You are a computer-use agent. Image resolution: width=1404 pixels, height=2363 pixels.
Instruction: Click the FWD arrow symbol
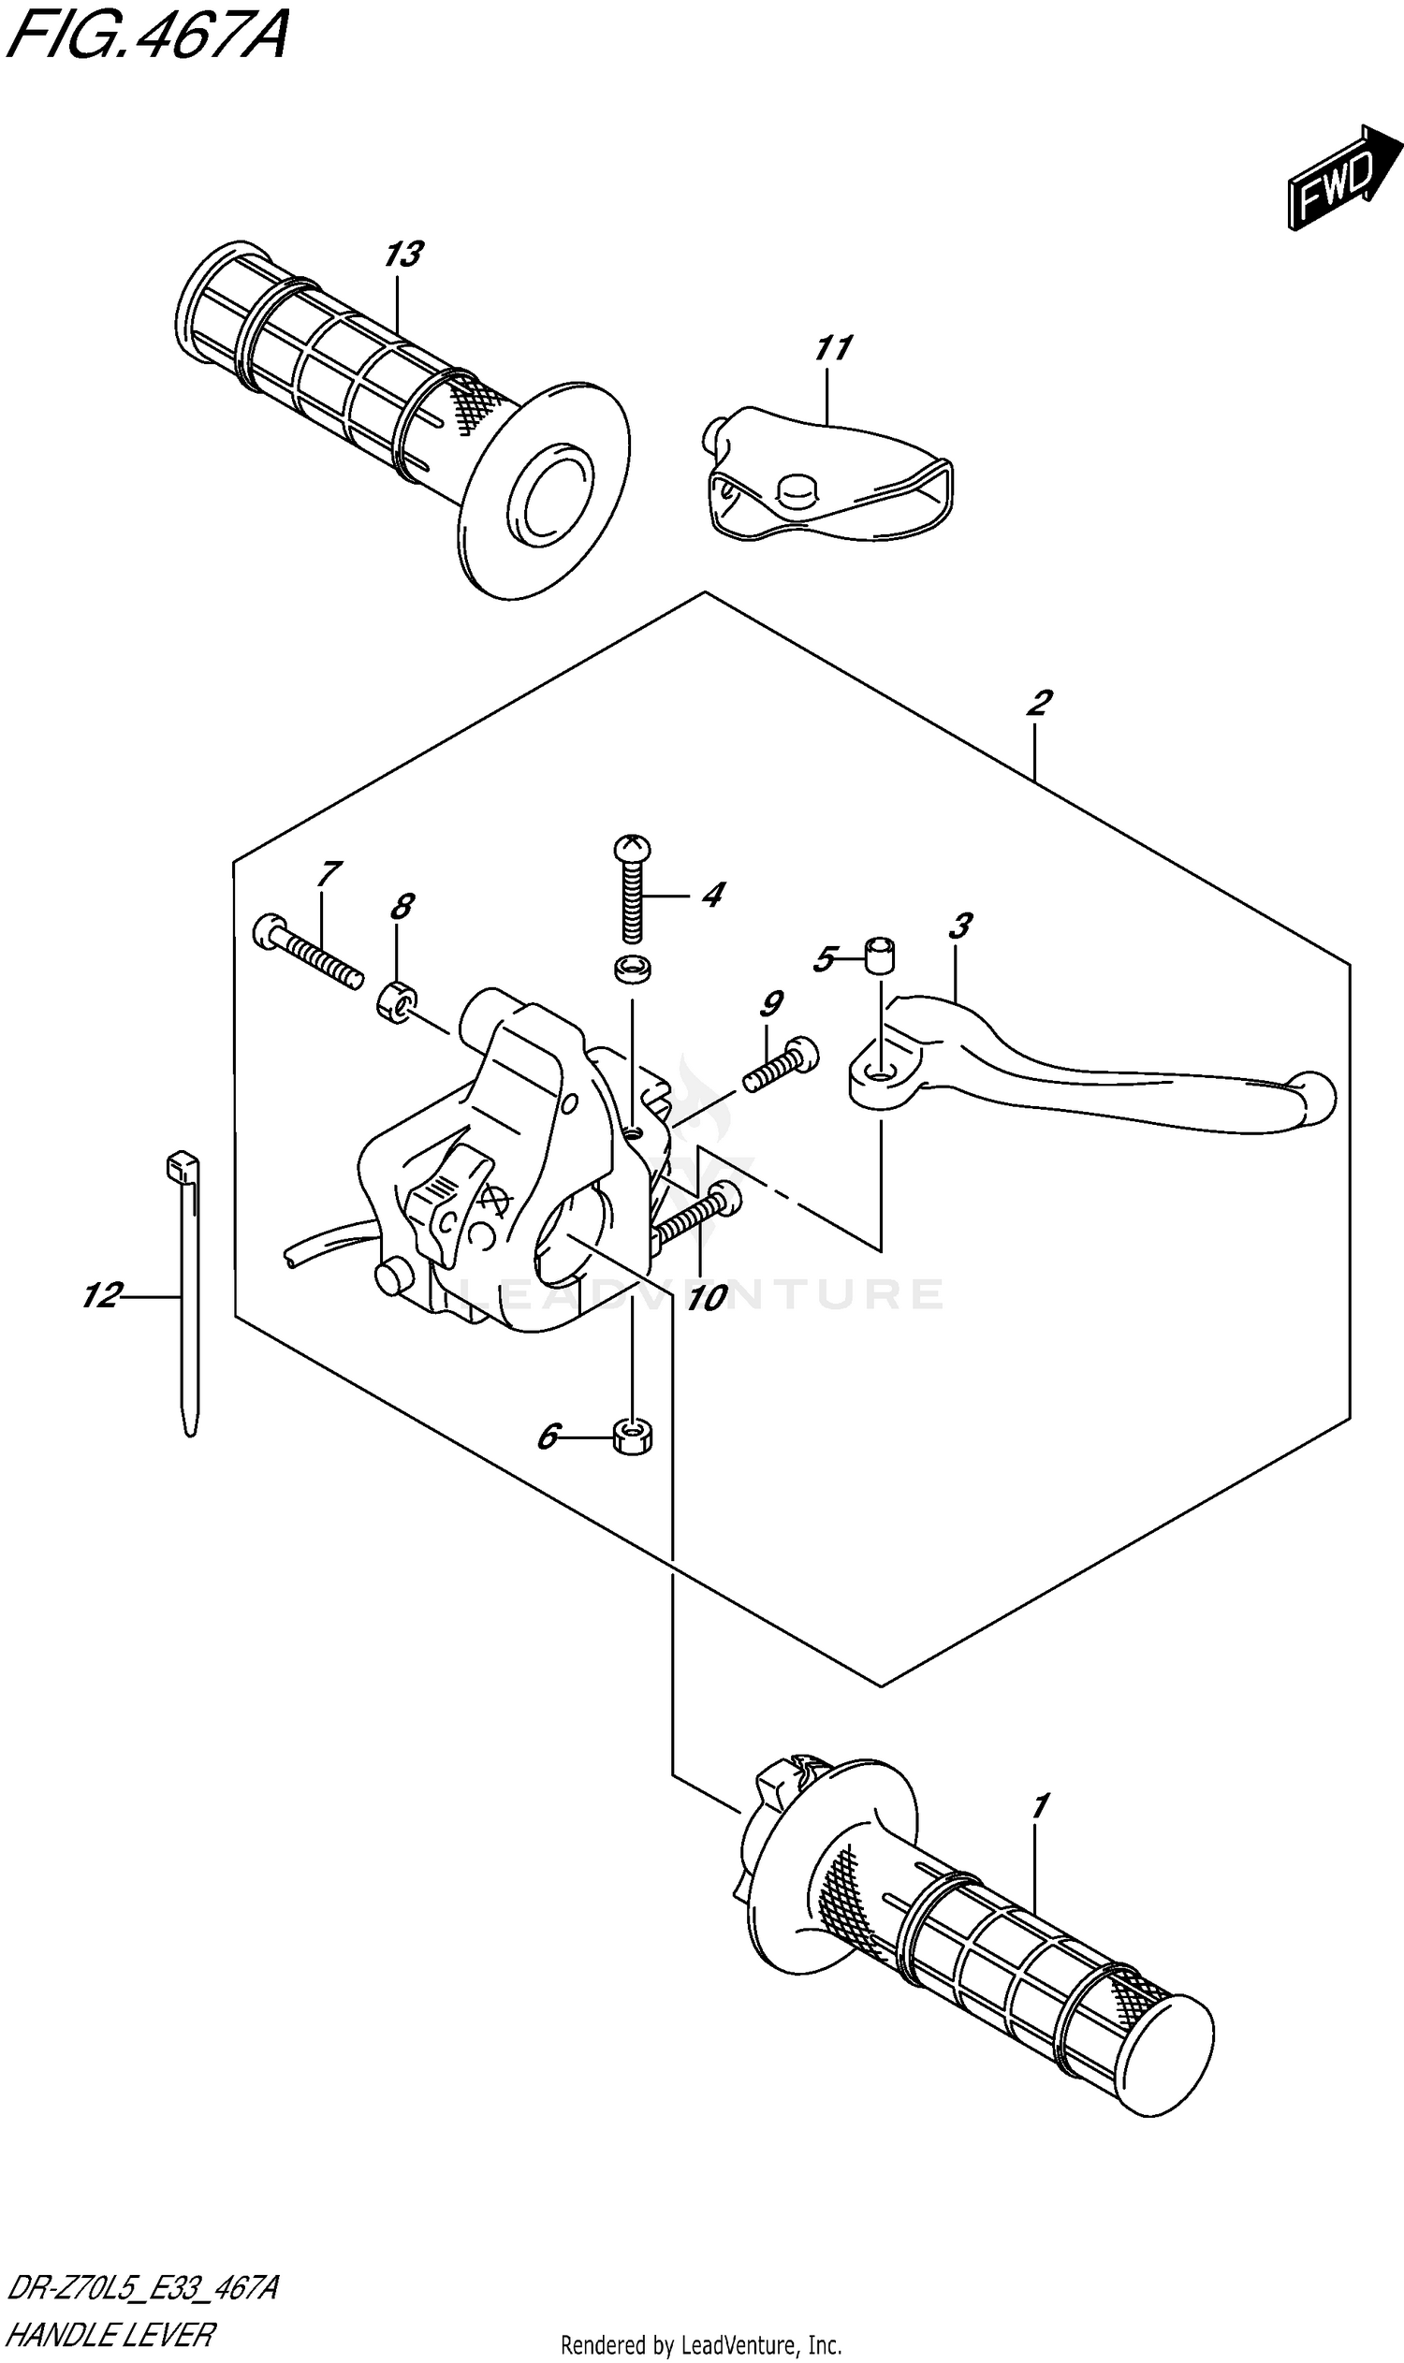click(x=1341, y=178)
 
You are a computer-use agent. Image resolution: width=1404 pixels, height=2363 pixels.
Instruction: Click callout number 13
click(x=403, y=255)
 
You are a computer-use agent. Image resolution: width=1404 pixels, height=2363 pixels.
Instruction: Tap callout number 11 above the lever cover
click(x=832, y=348)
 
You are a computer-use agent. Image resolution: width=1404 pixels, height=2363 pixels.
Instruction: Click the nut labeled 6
click(x=632, y=1437)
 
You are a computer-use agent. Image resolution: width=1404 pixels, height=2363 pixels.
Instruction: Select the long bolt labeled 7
click(x=309, y=954)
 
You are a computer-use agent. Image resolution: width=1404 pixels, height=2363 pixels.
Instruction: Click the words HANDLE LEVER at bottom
click(x=110, y=2328)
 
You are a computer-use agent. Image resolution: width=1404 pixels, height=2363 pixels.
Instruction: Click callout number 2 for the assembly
click(x=1038, y=703)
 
